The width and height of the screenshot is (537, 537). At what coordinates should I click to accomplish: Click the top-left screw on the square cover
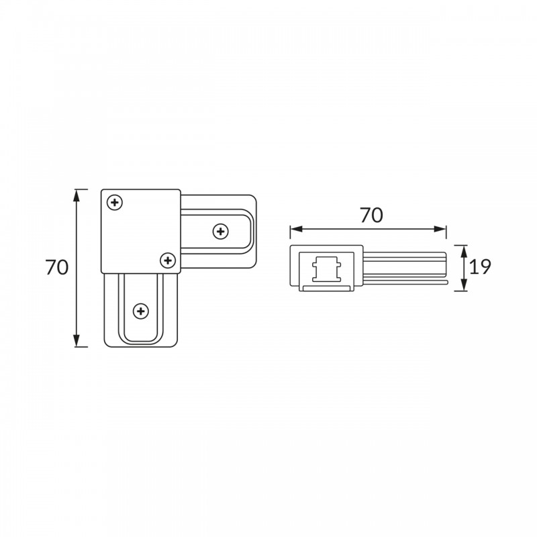[x=115, y=203]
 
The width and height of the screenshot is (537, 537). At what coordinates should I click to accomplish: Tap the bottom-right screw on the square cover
[x=168, y=260]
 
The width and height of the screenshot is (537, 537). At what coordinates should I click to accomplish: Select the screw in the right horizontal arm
[x=221, y=232]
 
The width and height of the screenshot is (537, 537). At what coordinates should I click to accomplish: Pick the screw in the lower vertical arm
[x=141, y=311]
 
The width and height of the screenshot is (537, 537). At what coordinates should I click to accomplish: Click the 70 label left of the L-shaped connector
[x=57, y=267]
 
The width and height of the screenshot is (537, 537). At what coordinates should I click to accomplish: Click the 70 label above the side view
[x=371, y=215]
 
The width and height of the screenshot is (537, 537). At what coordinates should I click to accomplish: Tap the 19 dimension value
[x=480, y=266]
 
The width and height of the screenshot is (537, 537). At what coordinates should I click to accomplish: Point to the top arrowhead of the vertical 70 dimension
[x=77, y=195]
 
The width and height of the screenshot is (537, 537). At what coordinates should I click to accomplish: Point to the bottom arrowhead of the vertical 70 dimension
[x=77, y=341]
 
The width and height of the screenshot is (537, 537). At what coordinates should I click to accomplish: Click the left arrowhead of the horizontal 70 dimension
[x=296, y=229]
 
